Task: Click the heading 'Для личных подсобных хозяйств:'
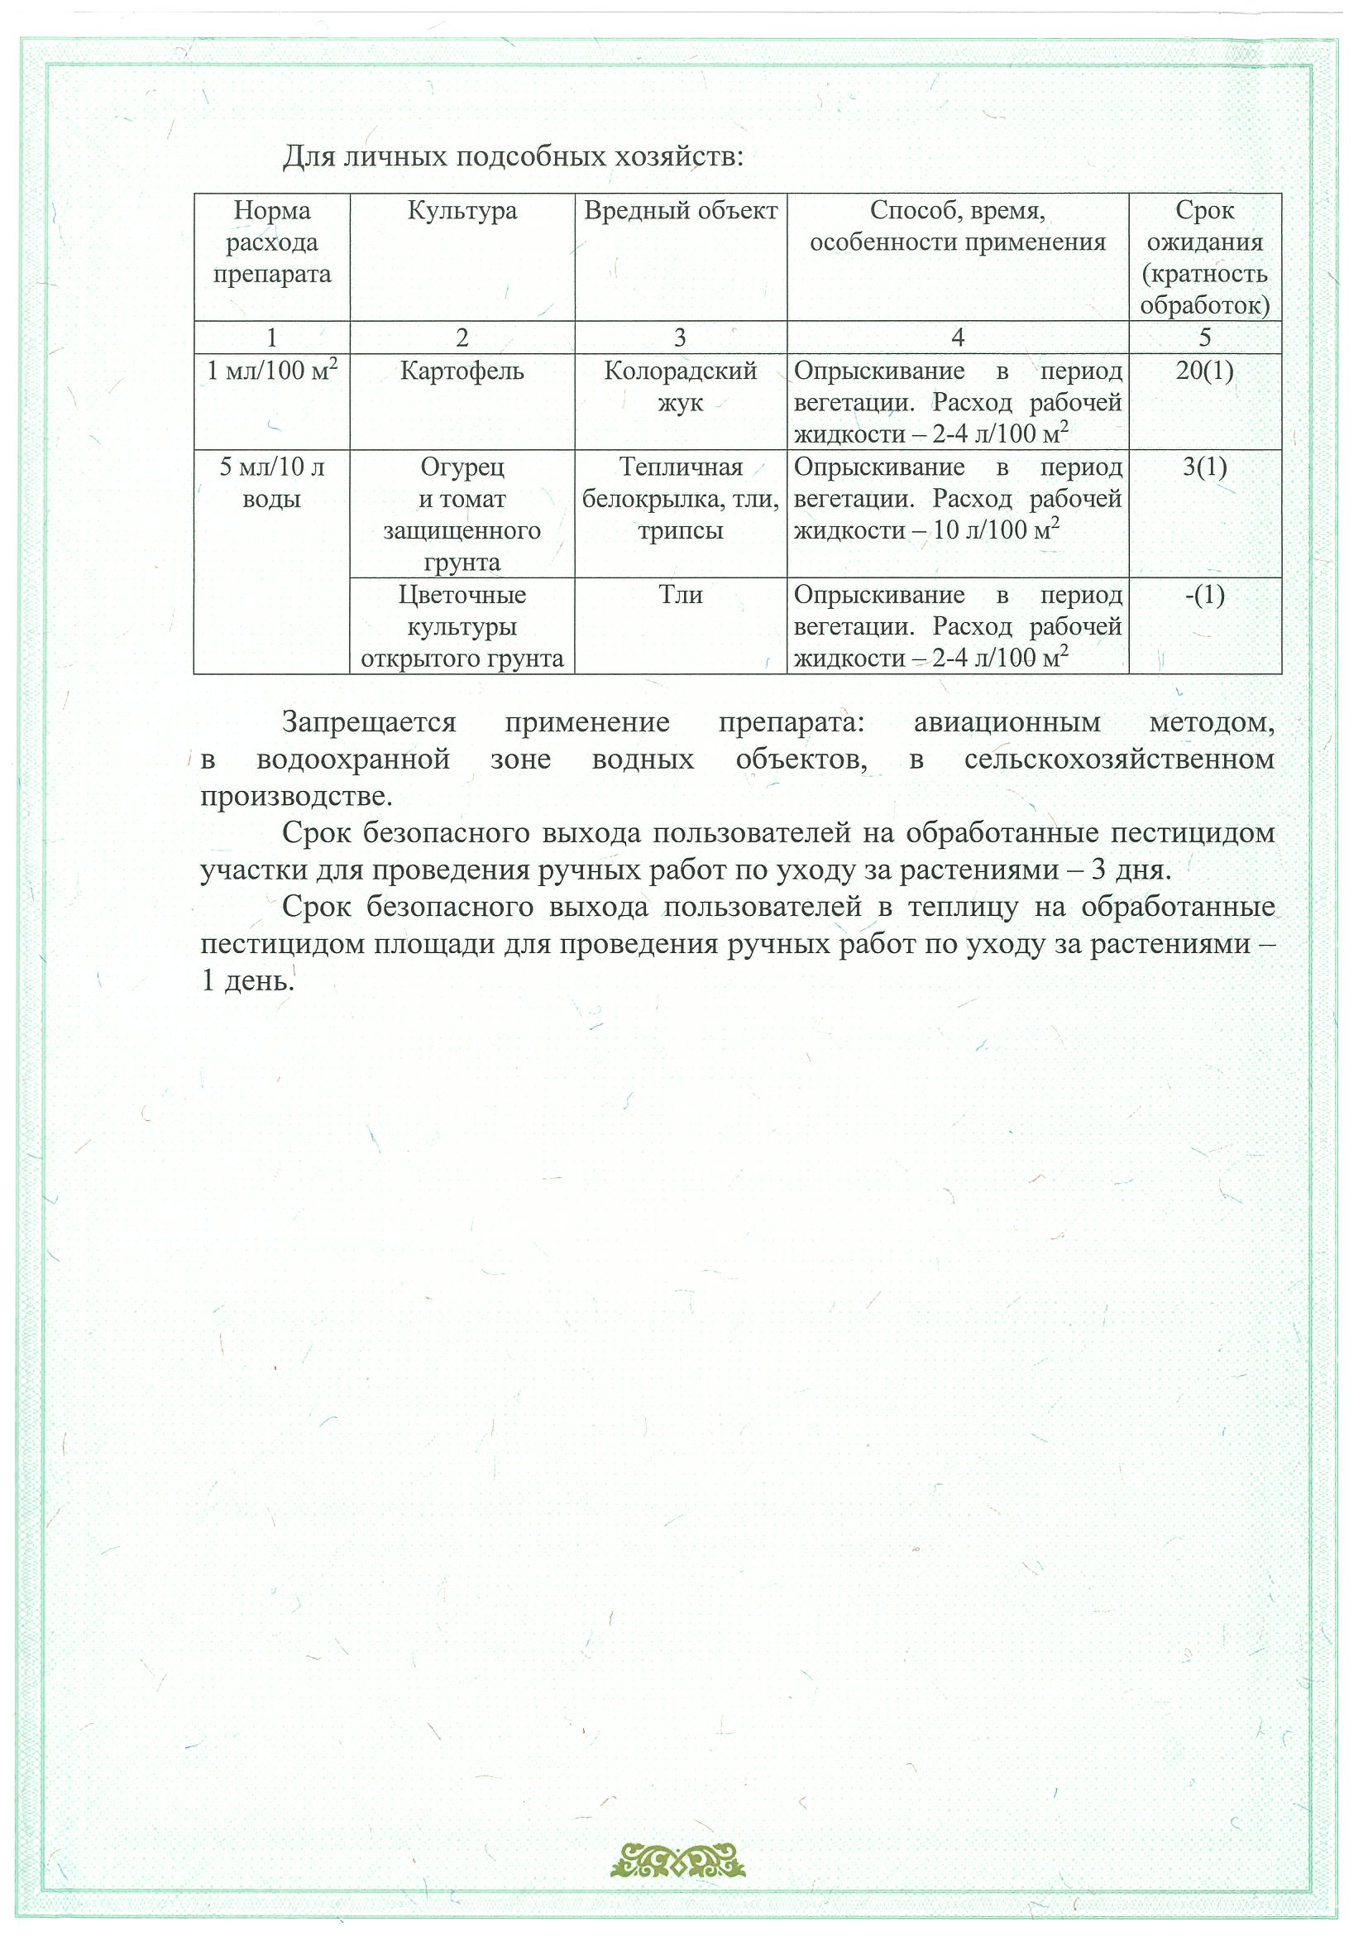coord(513,157)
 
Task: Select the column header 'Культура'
coord(462,211)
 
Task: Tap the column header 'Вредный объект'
coord(680,211)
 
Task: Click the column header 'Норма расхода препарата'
coord(271,243)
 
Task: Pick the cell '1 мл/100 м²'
coord(271,371)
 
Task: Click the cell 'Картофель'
coord(462,371)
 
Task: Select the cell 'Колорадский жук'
coord(680,387)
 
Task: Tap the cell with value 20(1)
coord(1204,371)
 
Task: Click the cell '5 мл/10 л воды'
coord(271,483)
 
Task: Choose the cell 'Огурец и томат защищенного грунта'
coord(462,515)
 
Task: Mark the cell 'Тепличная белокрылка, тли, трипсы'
coord(680,499)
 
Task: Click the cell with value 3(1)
coord(1204,467)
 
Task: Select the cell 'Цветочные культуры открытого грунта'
coord(462,626)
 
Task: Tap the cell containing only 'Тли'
coord(680,596)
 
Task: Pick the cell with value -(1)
coord(1204,596)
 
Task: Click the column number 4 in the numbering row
coord(958,338)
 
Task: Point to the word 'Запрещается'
coord(369,722)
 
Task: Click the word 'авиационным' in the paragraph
coord(1007,722)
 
